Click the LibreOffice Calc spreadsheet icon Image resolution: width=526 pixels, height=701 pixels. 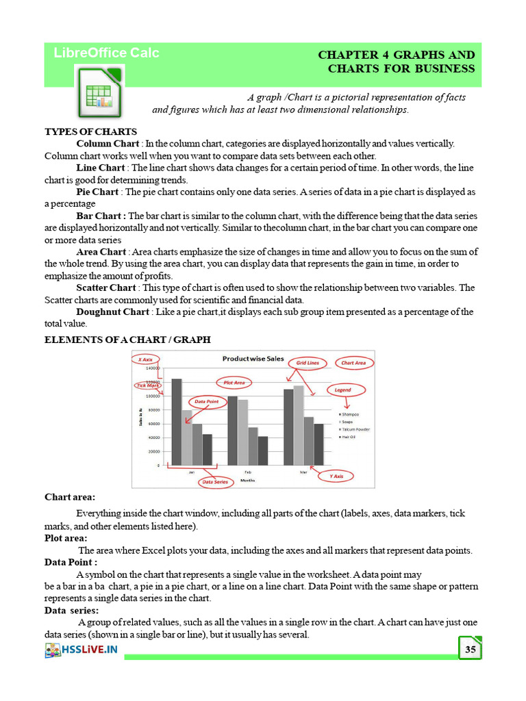pos(99,95)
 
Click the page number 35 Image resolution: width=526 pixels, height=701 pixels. pos(470,648)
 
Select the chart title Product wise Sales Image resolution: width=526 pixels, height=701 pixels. pos(253,358)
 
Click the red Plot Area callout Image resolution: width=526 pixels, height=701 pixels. pos(234,383)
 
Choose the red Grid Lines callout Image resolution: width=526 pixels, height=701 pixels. pos(308,362)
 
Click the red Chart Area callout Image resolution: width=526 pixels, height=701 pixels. pos(353,363)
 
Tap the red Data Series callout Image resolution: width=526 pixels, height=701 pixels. pos(214,482)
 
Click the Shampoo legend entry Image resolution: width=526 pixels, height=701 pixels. pos(349,414)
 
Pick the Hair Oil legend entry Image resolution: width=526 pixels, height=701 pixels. pos(349,437)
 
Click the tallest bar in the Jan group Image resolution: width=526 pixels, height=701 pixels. pos(177,422)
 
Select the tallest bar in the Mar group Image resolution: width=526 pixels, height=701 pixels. pos(298,425)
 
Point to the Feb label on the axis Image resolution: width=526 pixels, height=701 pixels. pos(247,472)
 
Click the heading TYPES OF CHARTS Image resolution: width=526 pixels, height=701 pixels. pos(90,131)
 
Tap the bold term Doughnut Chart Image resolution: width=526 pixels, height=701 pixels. pos(112,311)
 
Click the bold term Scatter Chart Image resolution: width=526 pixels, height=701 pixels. pos(107,288)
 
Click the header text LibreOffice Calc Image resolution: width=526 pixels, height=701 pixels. pos(106,53)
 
